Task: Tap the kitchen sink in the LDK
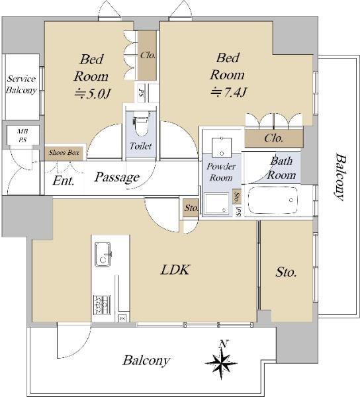tap(103, 254)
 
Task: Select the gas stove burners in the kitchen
tap(102, 305)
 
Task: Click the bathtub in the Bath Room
tap(273, 200)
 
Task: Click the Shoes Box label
tap(64, 153)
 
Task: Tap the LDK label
tap(175, 270)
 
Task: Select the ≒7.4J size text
tap(228, 93)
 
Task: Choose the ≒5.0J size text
tap(93, 94)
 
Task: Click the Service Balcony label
tap(21, 85)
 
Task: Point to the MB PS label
tap(22, 136)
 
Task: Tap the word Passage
tap(117, 177)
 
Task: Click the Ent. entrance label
tap(64, 181)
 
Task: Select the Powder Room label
tap(221, 172)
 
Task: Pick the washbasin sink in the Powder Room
tap(222, 147)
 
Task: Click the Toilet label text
tap(141, 146)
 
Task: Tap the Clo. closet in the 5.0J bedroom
tap(148, 55)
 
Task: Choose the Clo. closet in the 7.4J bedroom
tap(274, 138)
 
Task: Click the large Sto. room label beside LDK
tap(286, 273)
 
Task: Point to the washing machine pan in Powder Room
tap(216, 204)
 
